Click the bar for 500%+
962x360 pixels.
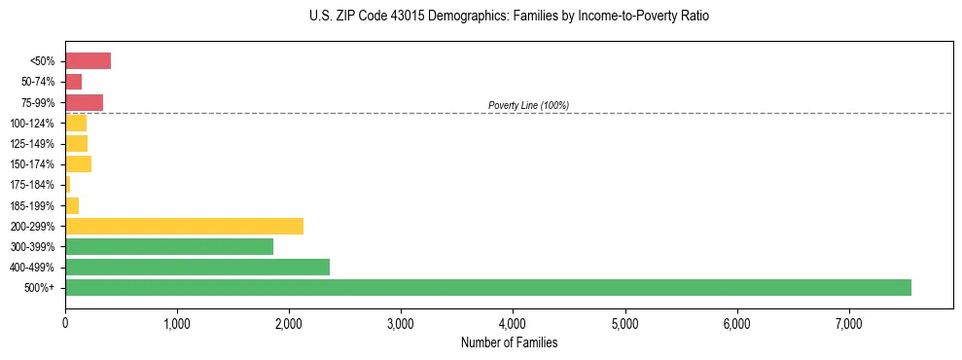click(487, 287)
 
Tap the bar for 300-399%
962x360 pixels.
click(169, 246)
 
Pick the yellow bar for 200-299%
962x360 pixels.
click(184, 226)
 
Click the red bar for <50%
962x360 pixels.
click(88, 61)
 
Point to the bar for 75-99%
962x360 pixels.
click(84, 102)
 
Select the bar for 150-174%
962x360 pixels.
click(78, 163)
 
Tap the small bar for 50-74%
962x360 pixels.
click(73, 82)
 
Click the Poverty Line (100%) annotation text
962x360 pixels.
click(528, 105)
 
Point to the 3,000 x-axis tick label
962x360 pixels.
click(401, 324)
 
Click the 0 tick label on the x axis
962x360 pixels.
click(65, 324)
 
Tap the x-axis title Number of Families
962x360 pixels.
click(509, 342)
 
